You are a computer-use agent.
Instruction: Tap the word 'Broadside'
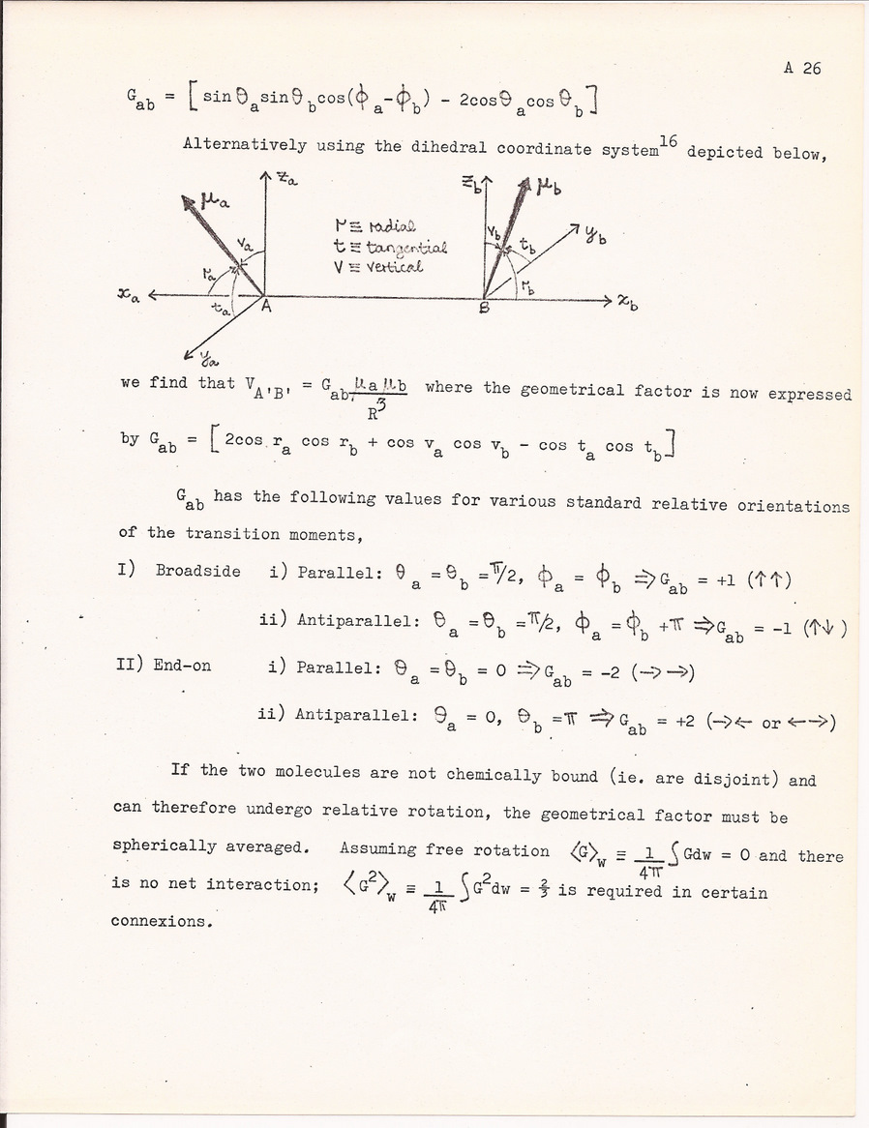pos(197,571)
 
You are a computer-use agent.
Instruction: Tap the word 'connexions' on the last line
pos(161,921)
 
